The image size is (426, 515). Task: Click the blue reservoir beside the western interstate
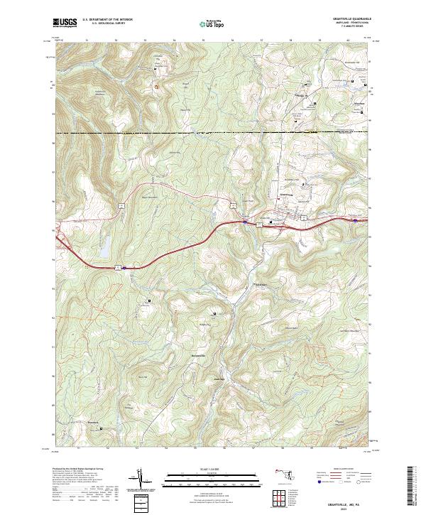(104, 248)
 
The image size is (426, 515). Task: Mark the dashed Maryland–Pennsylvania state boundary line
(213, 133)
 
